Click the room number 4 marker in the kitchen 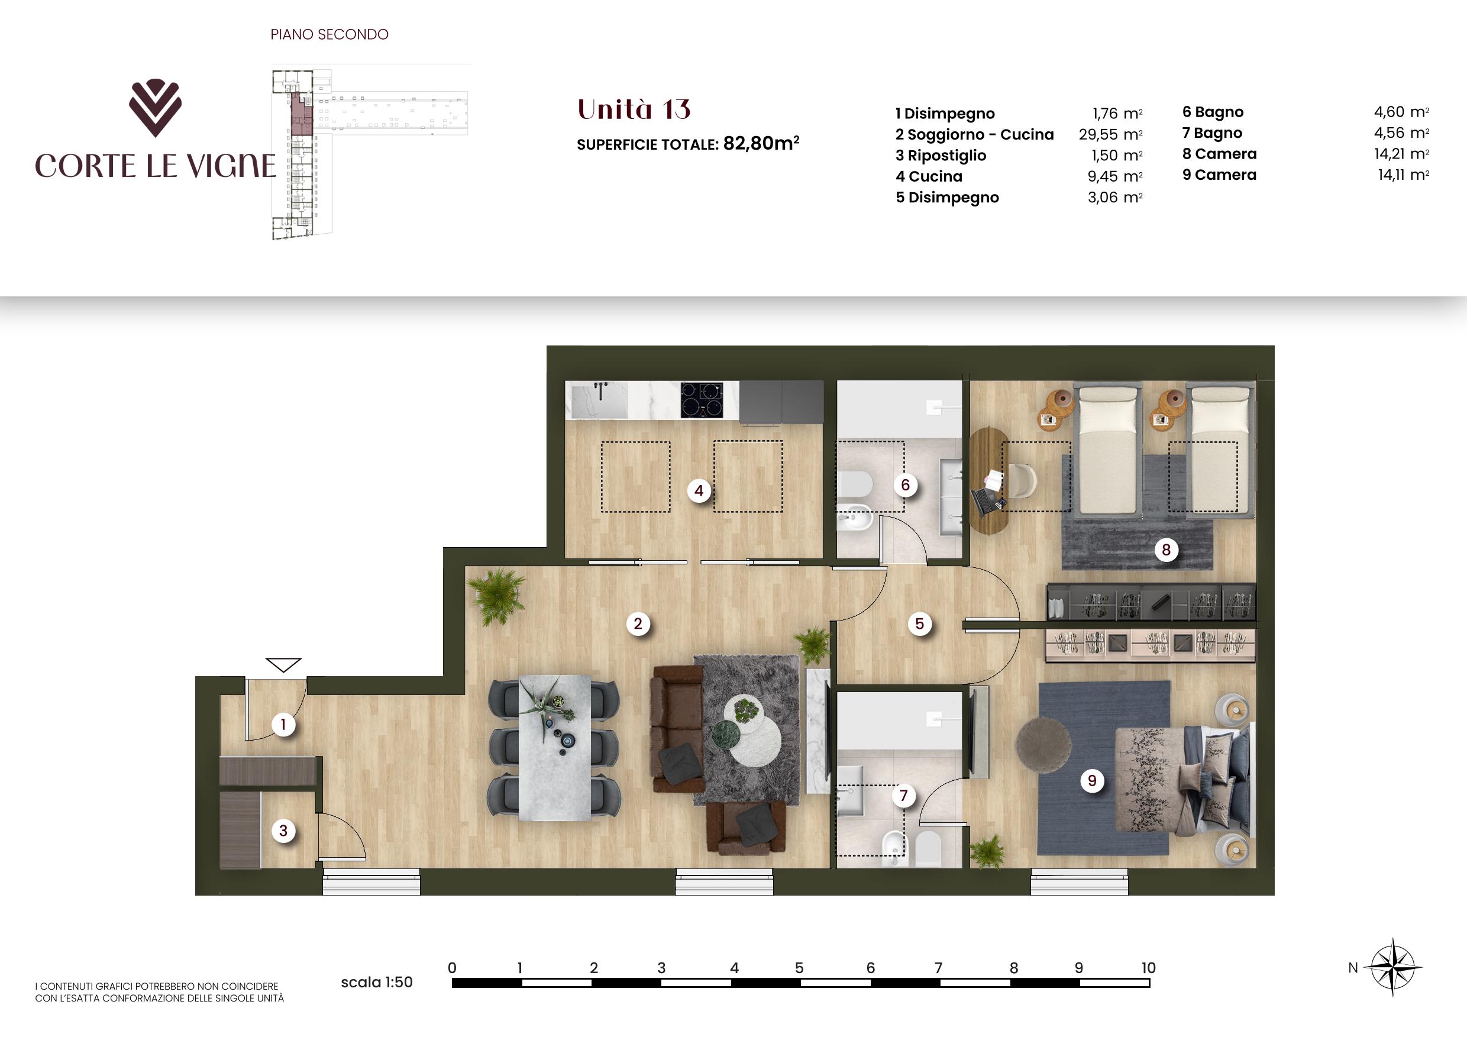click(699, 491)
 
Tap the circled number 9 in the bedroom click(1092, 780)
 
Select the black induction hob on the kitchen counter click(702, 400)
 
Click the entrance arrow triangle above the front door click(283, 665)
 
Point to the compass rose click(1392, 967)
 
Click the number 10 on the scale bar click(1148, 968)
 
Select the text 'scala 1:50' click(377, 982)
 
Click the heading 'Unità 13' click(634, 109)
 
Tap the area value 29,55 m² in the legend click(1110, 134)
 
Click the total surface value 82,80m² click(761, 143)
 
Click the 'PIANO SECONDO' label click(329, 34)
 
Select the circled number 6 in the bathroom click(906, 485)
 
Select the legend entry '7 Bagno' click(1212, 133)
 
